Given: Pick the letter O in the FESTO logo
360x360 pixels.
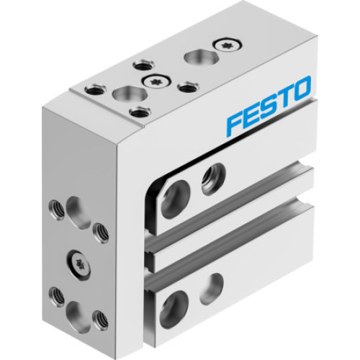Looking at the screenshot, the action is tap(300, 88).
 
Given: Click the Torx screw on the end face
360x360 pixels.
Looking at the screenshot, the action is tap(78, 264).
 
